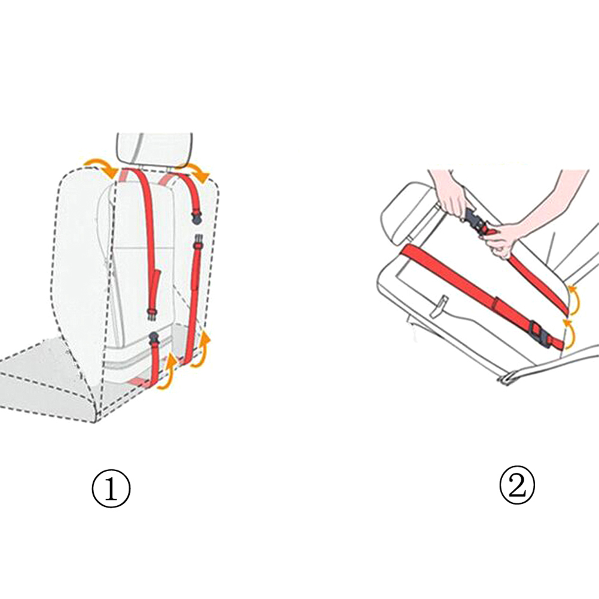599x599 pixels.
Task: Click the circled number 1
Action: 111,488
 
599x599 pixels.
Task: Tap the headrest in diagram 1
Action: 154,149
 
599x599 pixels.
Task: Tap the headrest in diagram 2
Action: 407,212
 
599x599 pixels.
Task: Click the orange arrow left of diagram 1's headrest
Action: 100,166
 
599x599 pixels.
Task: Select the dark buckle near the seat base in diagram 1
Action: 154,337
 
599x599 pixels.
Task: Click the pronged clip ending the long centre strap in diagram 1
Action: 152,315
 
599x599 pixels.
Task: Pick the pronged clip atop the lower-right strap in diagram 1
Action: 198,241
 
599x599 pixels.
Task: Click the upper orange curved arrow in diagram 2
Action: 574,299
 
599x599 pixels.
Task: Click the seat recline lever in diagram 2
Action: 440,307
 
